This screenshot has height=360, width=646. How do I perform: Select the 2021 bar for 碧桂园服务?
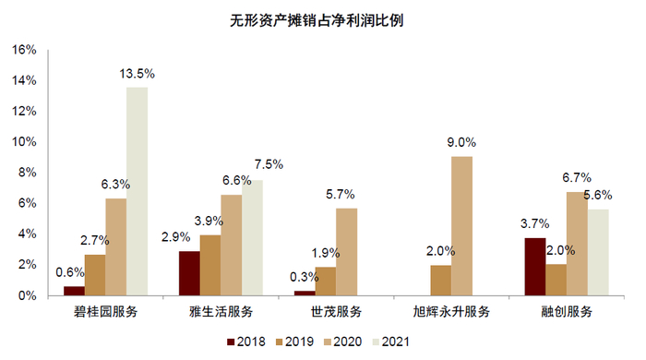pos(137,191)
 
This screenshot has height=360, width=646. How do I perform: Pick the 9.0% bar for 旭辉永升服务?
pos(461,226)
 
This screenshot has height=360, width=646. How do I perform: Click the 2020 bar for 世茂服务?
pos(346,251)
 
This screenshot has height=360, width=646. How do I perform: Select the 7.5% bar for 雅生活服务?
pos(252,237)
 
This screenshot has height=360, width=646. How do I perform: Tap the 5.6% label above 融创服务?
pos(598,195)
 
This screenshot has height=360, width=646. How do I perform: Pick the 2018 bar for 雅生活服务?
pos(188,273)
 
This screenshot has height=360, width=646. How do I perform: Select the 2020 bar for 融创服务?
pos(577,244)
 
